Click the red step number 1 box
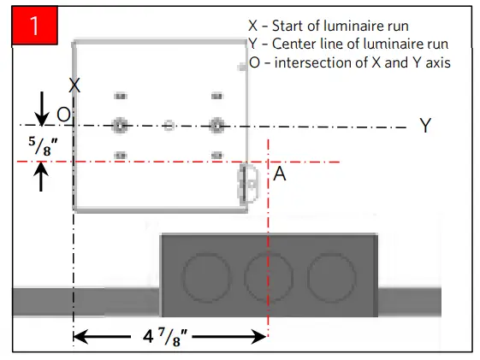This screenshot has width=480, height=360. click(33, 25)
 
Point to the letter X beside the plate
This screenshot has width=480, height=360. click(74, 86)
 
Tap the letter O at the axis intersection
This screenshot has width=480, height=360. click(63, 115)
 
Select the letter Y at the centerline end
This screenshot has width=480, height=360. click(425, 126)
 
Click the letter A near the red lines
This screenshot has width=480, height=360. click(280, 174)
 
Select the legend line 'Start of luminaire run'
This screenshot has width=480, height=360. click(335, 26)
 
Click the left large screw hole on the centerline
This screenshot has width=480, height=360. click(120, 126)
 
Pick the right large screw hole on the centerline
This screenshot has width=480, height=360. click(216, 126)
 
